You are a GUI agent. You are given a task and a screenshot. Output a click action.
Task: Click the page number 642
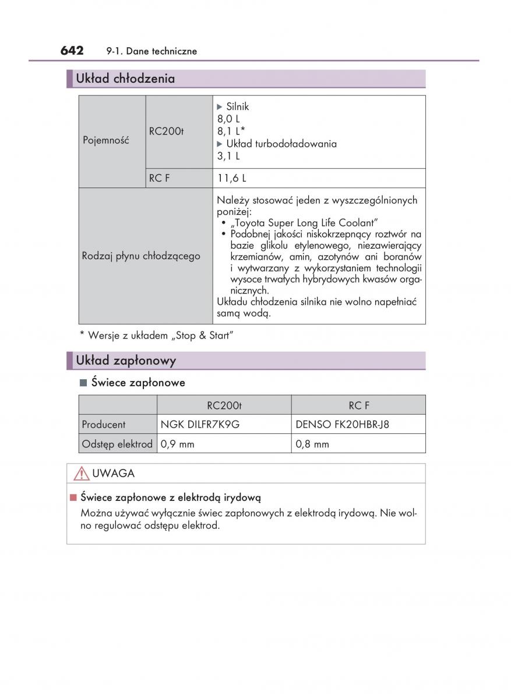[x=72, y=51]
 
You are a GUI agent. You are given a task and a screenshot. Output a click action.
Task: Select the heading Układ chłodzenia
[x=125, y=79]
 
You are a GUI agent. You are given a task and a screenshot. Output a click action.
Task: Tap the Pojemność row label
[x=106, y=140]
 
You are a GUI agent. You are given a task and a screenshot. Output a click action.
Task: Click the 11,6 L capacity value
[x=228, y=179]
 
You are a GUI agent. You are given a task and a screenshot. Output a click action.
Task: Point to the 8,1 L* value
[x=231, y=132]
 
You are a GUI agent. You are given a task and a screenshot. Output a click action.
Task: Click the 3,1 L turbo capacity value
[x=228, y=156]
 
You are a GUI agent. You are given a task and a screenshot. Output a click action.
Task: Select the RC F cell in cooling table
[x=159, y=179]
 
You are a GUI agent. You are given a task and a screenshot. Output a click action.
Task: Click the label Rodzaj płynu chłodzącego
[x=141, y=256]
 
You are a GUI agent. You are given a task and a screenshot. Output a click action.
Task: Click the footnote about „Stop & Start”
[x=156, y=336]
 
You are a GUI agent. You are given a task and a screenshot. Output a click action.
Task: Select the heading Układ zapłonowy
[x=126, y=361]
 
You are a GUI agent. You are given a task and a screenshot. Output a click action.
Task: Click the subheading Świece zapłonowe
[x=138, y=383]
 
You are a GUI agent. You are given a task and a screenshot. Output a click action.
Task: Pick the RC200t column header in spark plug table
[x=224, y=405]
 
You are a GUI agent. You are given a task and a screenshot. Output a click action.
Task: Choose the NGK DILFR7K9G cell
[x=200, y=425]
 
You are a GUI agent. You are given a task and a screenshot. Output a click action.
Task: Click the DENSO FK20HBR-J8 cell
[x=343, y=425]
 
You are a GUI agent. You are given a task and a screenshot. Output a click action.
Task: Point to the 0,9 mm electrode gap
[x=177, y=444]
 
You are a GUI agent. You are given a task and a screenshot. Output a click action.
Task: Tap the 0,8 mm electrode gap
[x=312, y=444]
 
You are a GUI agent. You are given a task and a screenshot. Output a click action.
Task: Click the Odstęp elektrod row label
[x=117, y=444]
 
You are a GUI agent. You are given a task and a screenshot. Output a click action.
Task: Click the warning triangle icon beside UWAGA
[x=81, y=474]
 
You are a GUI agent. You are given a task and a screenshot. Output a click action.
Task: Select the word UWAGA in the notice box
[x=113, y=474]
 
